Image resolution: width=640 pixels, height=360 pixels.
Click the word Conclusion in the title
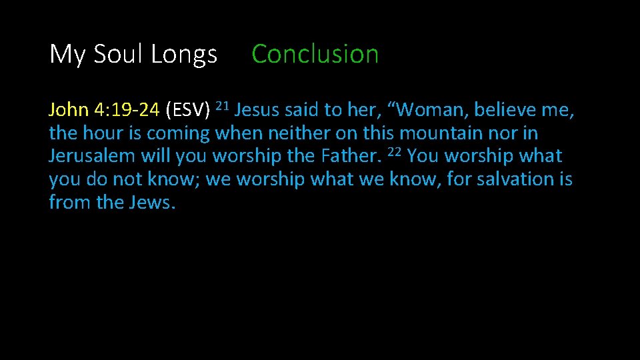click(x=315, y=54)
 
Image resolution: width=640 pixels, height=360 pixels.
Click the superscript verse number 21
click(x=223, y=105)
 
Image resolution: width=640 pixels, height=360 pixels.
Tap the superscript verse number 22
click(x=394, y=151)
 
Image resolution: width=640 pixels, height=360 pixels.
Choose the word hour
click(x=102, y=133)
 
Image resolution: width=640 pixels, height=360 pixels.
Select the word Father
click(x=351, y=157)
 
